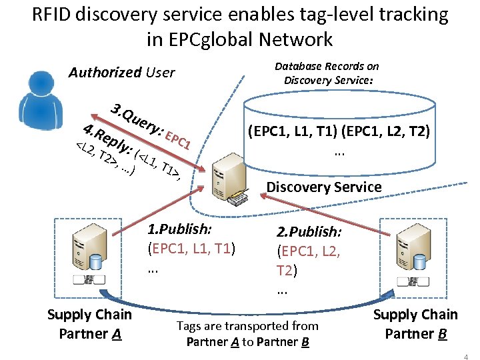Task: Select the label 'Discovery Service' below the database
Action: click(x=324, y=187)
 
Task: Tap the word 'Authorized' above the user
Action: click(x=105, y=72)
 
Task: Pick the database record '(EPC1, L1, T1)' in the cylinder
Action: click(x=292, y=132)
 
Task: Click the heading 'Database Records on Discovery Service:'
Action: click(x=327, y=73)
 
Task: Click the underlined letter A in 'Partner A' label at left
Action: click(x=117, y=333)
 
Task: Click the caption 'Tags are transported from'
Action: click(x=247, y=326)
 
